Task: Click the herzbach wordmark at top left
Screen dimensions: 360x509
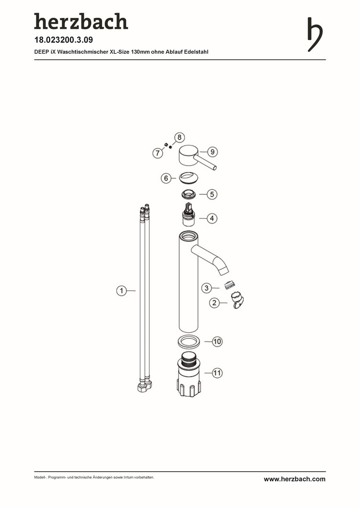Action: [81, 21]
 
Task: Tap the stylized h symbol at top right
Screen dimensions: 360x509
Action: [315, 34]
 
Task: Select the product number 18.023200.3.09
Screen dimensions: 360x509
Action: [64, 40]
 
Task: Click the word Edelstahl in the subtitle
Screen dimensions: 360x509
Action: [196, 52]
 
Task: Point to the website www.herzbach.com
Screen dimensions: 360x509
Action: [295, 479]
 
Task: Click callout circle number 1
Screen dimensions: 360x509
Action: [122, 290]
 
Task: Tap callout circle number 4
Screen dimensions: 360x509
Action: [212, 219]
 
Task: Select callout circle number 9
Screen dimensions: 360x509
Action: [213, 152]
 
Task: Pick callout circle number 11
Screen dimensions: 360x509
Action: [217, 373]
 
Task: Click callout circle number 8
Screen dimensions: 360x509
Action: [180, 137]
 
